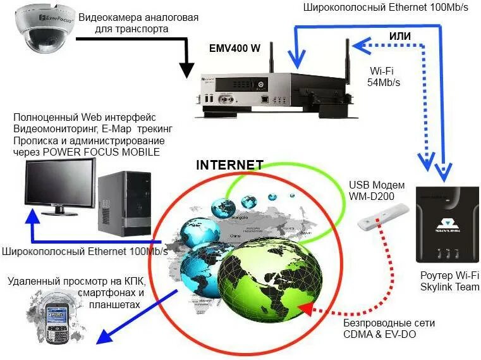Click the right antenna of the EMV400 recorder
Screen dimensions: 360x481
pyautogui.click(x=347, y=63)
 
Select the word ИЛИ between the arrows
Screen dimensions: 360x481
pyautogui.click(x=400, y=37)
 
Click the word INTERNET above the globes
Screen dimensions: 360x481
pyautogui.click(x=229, y=165)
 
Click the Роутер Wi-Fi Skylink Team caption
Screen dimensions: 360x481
pyautogui.click(x=449, y=282)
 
